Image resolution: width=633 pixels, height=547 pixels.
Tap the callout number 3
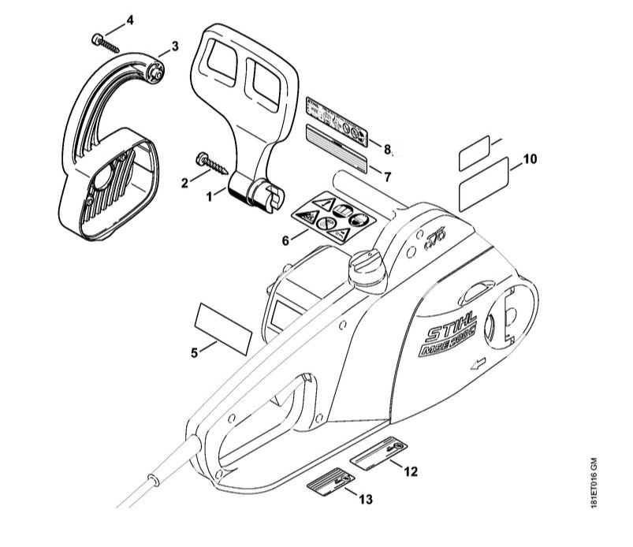click(175, 47)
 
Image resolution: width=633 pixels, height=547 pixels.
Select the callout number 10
click(529, 159)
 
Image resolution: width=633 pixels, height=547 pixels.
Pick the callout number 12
click(410, 471)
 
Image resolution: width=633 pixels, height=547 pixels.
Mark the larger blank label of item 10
click(483, 183)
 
